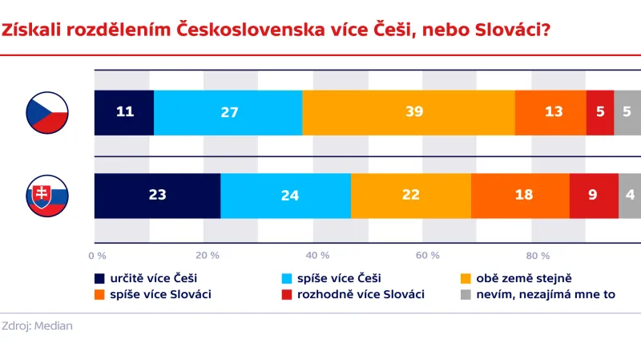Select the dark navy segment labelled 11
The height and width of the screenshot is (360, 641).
point(124,112)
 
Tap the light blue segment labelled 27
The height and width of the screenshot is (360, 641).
point(228,112)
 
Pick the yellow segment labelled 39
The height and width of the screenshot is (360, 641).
point(409,112)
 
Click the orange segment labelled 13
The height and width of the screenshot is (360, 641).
point(550,112)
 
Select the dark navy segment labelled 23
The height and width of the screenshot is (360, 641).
point(157,196)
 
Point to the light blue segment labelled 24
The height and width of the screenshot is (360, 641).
point(285,196)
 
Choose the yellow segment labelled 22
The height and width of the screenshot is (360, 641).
point(411,196)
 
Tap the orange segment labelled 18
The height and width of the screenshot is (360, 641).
point(520,196)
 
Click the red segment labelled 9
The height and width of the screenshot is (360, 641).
point(594,196)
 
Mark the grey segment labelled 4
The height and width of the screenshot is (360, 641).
point(629,196)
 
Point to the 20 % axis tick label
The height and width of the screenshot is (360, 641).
point(207,256)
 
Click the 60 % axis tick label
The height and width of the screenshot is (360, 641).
point(428,256)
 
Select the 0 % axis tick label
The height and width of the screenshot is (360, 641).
point(97,256)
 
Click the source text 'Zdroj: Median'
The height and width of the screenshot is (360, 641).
point(37,326)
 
